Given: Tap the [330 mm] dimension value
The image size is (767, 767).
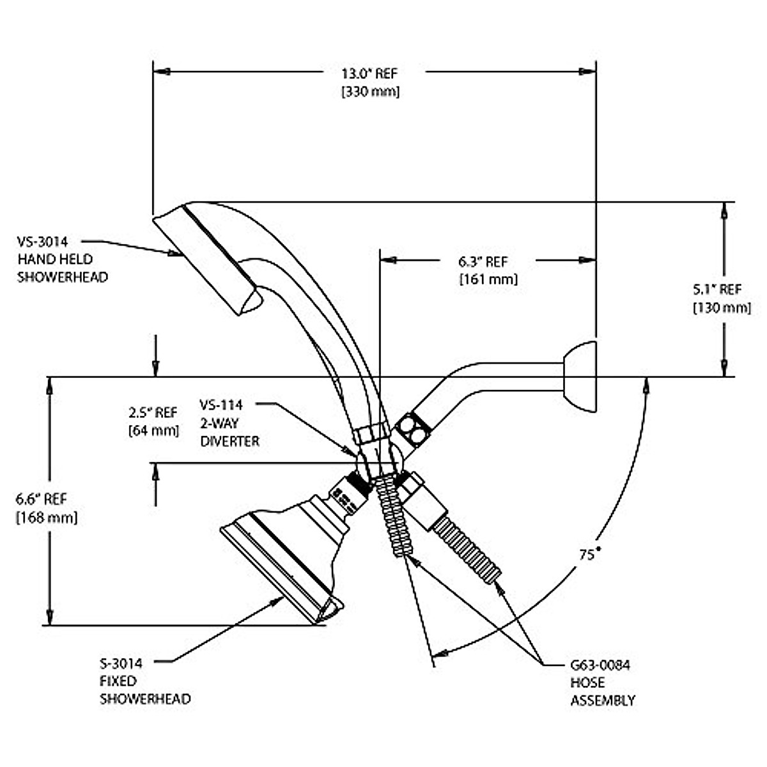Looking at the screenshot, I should click(371, 92).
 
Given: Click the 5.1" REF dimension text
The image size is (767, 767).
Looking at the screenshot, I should click(717, 290).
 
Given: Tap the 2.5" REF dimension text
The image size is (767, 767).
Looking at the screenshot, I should click(153, 412).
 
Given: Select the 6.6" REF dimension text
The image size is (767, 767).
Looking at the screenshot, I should click(42, 499).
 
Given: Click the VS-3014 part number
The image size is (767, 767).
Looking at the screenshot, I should click(43, 242).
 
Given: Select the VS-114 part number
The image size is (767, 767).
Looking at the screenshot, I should click(221, 405).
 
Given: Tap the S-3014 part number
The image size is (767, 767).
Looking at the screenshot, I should click(121, 663).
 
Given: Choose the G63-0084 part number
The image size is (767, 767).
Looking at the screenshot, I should click(600, 665).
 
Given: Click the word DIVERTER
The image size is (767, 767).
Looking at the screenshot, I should click(230, 441).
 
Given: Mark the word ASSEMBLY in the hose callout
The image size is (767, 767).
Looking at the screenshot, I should click(603, 701).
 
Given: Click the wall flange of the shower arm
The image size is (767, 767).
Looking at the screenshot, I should click(580, 376).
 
